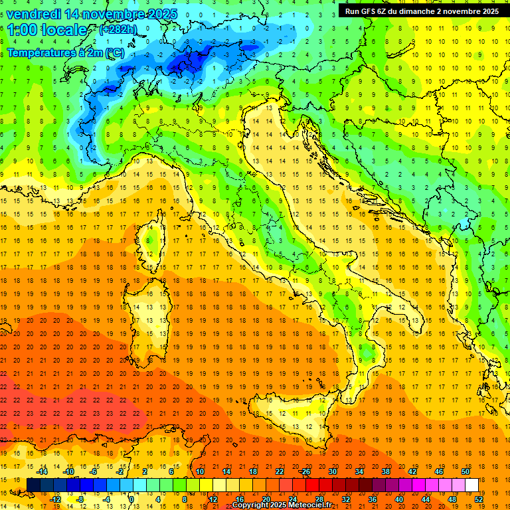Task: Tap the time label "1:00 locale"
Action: pyautogui.click(x=47, y=30)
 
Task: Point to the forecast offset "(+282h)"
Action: pyautogui.click(x=119, y=30)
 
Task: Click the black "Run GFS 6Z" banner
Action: pyautogui.click(x=422, y=11)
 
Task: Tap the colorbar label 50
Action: pyautogui.click(x=466, y=471)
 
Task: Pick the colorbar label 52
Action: pyautogui.click(x=479, y=499)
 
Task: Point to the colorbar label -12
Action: pyautogui.click(x=55, y=499)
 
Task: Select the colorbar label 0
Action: pyautogui.click(x=132, y=499)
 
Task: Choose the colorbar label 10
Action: pyautogui.click(x=199, y=471)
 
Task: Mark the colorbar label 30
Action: pyautogui.click(x=332, y=471)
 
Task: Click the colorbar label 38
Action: pyautogui.click(x=385, y=471)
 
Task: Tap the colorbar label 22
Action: pyautogui.click(x=279, y=471)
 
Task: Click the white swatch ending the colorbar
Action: pyautogui.click(x=472, y=485)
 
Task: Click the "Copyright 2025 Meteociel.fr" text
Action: pyautogui.click(x=282, y=505)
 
